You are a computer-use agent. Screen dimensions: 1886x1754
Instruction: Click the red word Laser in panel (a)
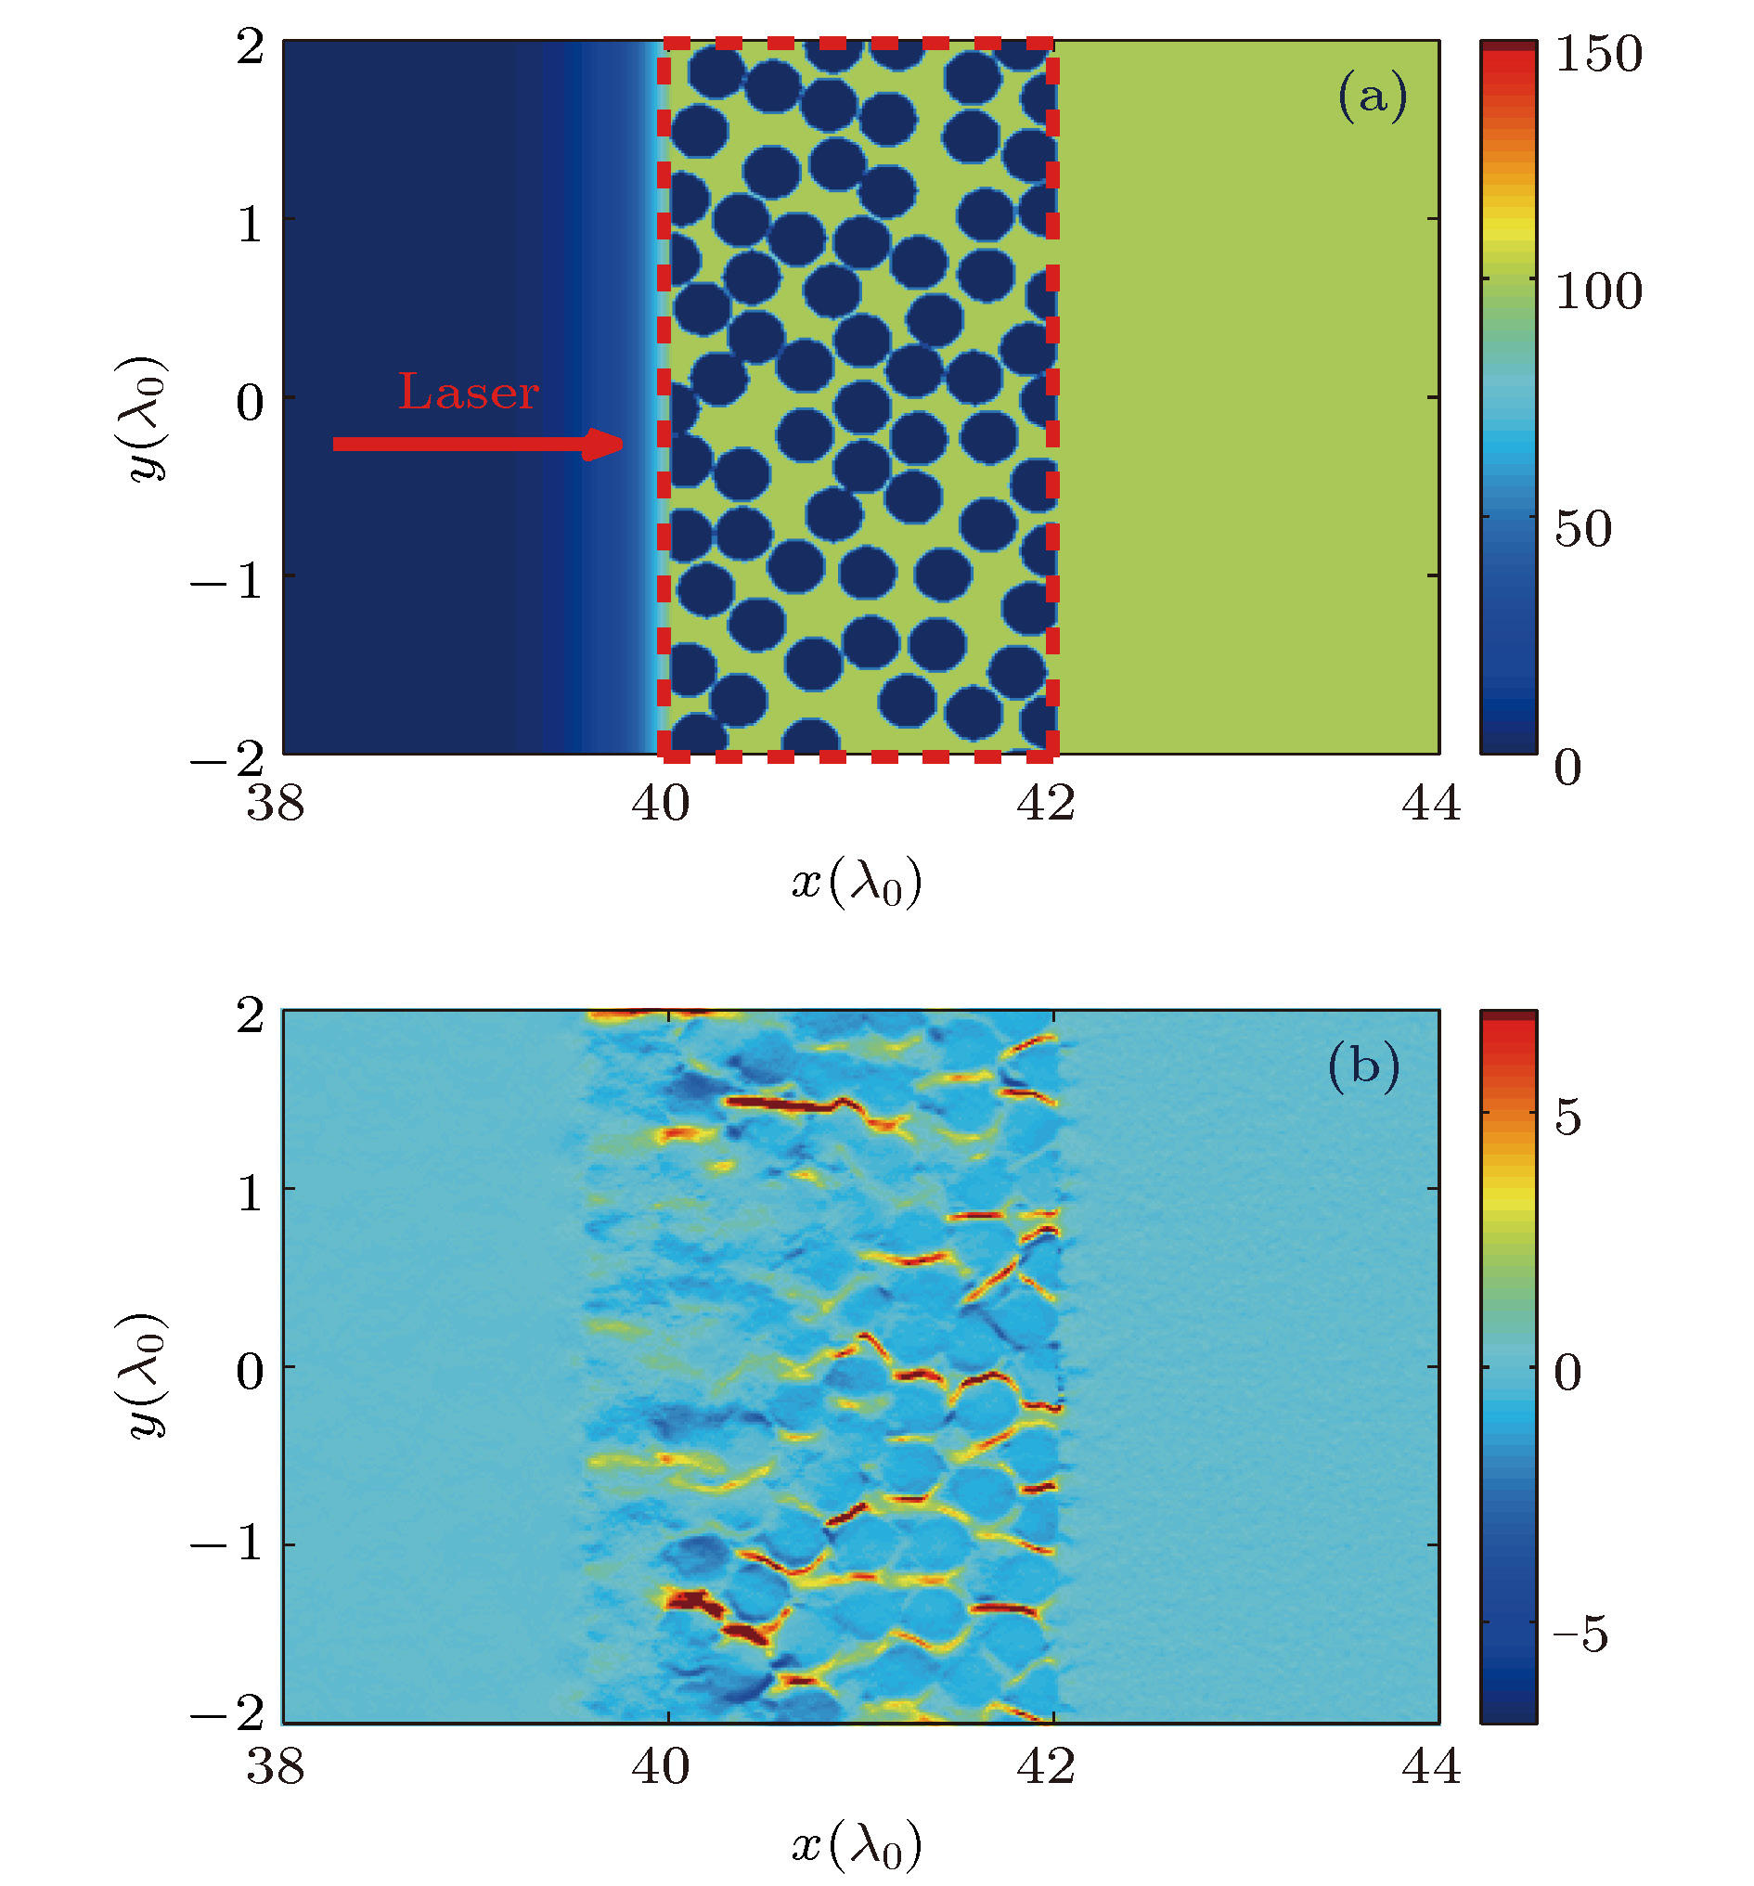tap(468, 392)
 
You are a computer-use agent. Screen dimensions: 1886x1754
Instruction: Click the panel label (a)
tap(1372, 96)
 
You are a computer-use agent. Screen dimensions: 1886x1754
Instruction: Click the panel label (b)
tap(1363, 1066)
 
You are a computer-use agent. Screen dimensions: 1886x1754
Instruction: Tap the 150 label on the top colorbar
tap(1597, 54)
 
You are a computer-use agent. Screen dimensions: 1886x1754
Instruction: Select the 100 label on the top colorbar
tap(1597, 291)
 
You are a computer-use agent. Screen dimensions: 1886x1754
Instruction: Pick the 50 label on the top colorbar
tap(1582, 528)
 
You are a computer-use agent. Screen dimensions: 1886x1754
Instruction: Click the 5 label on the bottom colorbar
tap(1567, 1118)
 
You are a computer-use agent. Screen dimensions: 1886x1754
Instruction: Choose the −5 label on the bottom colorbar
tap(1580, 1634)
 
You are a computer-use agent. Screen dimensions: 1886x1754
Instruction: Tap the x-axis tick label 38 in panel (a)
tap(275, 804)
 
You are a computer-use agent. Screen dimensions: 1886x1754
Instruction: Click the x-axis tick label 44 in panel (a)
tap(1430, 804)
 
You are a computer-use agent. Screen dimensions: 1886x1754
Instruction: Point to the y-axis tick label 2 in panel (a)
tap(250, 46)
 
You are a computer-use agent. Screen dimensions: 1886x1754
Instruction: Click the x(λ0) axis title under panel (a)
tap(857, 885)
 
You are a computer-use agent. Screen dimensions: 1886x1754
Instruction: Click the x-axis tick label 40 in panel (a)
tap(660, 804)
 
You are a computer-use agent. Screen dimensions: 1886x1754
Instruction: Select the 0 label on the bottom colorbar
tap(1567, 1373)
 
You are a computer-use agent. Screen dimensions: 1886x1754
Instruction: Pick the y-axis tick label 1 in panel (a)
tap(250, 225)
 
